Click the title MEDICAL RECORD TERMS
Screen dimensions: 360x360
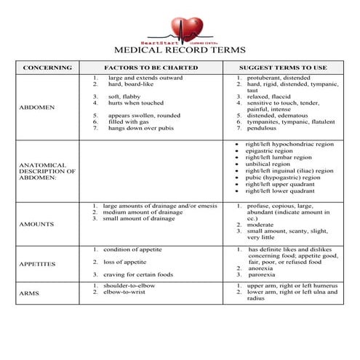(180, 51)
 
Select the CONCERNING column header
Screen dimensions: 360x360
(47, 68)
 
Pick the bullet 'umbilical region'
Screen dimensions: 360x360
(268, 164)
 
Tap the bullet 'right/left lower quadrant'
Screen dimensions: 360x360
(279, 191)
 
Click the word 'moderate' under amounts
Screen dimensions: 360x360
(260, 225)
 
